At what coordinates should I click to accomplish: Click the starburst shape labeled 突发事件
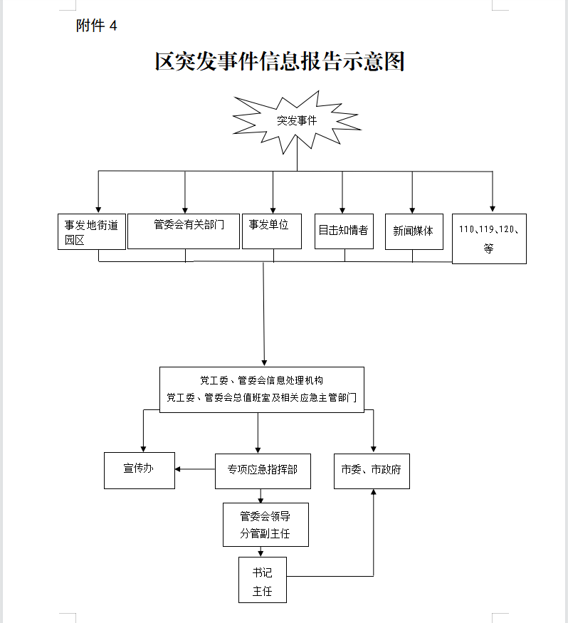tap(297, 121)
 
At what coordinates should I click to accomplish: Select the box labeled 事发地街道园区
tap(91, 231)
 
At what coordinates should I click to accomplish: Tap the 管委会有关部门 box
tap(184, 231)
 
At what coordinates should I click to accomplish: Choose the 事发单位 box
tap(272, 231)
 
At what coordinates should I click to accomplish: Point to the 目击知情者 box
tap(344, 231)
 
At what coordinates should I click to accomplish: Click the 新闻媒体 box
tap(414, 231)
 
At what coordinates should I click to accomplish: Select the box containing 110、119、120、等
tap(489, 239)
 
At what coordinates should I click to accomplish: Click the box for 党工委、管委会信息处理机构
tap(261, 389)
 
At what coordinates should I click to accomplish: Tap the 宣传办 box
tap(139, 470)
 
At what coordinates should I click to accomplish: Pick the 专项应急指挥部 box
tap(263, 471)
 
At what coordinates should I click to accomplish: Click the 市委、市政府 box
tap(372, 470)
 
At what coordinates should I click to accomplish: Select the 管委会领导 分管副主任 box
tap(265, 525)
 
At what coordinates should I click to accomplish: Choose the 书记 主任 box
tap(262, 581)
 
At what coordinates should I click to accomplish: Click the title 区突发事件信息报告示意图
tap(280, 62)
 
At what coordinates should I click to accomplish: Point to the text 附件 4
tap(96, 26)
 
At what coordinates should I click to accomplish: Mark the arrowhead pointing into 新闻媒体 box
tap(413, 209)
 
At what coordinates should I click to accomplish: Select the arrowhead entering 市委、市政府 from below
tap(374, 493)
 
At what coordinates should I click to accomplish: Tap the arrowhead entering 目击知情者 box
tap(342, 209)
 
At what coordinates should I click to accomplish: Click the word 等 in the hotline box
tap(488, 249)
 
